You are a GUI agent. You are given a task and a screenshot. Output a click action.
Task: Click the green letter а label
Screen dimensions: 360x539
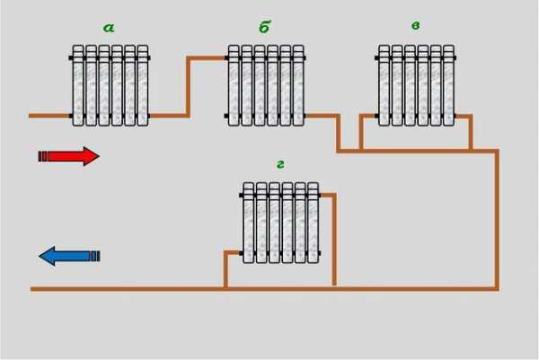pyautogui.click(x=110, y=28)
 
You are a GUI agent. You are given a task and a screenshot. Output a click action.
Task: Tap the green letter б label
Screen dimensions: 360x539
pyautogui.click(x=264, y=28)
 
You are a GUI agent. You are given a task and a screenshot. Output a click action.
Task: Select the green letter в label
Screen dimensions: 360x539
pyautogui.click(x=415, y=26)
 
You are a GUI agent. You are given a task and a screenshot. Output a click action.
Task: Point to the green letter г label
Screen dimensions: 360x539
pyautogui.click(x=280, y=164)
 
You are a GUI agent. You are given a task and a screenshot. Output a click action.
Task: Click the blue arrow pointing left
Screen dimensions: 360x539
pyautogui.click(x=69, y=256)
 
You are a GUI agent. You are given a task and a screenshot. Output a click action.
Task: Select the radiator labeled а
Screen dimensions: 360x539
pyautogui.click(x=110, y=86)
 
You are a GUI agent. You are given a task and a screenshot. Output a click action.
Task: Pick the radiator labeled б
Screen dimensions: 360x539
pyautogui.click(x=265, y=86)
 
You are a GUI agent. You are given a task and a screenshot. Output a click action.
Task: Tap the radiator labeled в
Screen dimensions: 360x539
pyautogui.click(x=416, y=86)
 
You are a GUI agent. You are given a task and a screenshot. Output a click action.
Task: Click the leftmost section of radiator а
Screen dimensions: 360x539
pyautogui.click(x=77, y=86)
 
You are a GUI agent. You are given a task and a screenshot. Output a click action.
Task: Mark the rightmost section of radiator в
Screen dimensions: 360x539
pyautogui.click(x=448, y=86)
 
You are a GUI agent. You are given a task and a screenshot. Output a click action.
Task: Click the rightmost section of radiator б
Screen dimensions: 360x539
pyautogui.click(x=298, y=86)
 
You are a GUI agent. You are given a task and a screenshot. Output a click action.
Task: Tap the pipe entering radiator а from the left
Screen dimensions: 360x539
pyautogui.click(x=49, y=116)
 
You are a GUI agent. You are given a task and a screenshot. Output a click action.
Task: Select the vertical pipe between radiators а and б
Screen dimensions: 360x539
pyautogui.click(x=188, y=87)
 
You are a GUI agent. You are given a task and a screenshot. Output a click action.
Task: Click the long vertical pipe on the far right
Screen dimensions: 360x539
pyautogui.click(x=496, y=220)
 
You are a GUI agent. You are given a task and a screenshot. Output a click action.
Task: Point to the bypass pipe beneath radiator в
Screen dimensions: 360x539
pyautogui.click(x=415, y=150)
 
